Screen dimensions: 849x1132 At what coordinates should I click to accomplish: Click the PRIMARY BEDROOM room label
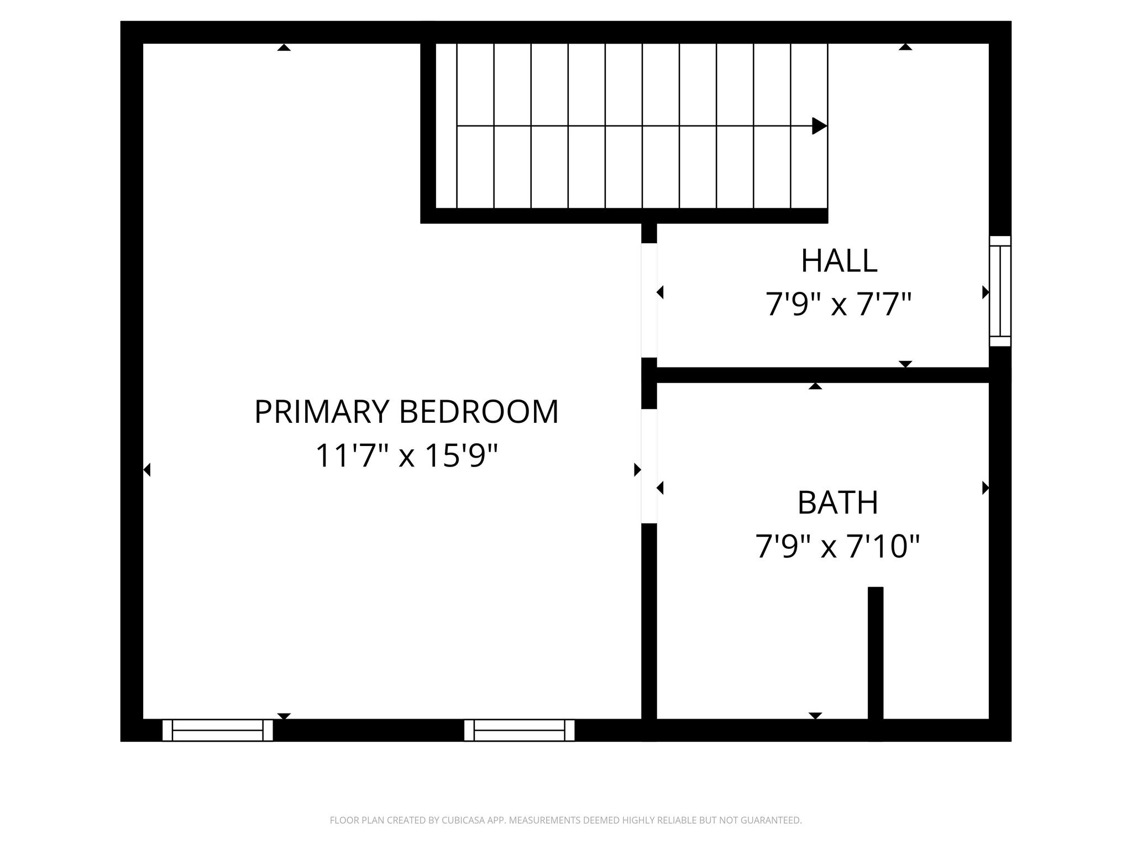[x=406, y=412]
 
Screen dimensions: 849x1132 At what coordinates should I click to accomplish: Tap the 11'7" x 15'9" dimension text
[x=406, y=457]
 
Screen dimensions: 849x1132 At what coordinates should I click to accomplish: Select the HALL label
[x=838, y=261]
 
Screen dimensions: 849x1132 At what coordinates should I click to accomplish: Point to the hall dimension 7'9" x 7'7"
[x=838, y=305]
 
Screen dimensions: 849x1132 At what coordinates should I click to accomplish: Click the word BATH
[x=837, y=503]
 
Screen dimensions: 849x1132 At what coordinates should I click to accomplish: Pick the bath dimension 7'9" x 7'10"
[x=837, y=547]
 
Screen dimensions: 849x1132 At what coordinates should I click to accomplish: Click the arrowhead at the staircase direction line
[x=819, y=126]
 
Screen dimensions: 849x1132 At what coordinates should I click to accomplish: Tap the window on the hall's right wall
[x=1000, y=291]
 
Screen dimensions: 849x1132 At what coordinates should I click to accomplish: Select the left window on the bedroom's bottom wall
[x=217, y=730]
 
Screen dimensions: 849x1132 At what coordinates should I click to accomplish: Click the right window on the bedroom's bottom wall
[x=519, y=730]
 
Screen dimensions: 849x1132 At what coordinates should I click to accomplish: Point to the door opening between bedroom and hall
[x=649, y=300]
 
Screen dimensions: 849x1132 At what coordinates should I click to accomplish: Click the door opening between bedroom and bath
[x=649, y=466]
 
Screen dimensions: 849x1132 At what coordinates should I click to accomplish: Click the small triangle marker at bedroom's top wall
[x=284, y=48]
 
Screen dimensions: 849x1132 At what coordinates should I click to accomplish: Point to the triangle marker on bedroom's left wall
[x=147, y=470]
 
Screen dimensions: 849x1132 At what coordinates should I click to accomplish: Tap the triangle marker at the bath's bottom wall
[x=815, y=716]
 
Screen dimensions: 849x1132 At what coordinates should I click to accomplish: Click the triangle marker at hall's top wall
[x=905, y=47]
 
